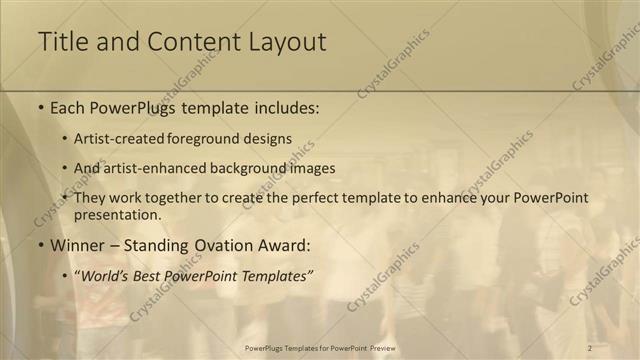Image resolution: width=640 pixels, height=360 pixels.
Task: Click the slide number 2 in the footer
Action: (590, 347)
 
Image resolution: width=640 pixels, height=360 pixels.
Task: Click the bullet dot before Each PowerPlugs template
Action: (40, 108)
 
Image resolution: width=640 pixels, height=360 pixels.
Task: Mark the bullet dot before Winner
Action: (40, 245)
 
